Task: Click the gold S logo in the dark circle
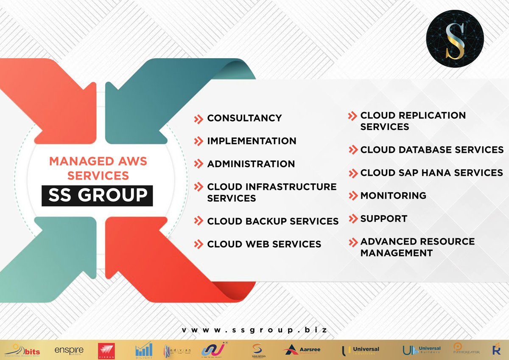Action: point(455,39)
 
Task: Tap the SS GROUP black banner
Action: point(97,195)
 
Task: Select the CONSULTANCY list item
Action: point(244,118)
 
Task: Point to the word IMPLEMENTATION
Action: point(252,141)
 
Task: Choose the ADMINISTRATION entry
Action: point(251,164)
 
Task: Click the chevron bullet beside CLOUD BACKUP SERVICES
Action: point(198,221)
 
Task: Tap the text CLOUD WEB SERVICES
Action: point(264,244)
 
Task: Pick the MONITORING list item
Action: point(393,196)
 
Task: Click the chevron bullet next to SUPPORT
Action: point(353,219)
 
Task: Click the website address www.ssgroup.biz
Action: point(255,330)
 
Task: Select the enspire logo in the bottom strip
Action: point(69,350)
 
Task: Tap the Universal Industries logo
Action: point(361,350)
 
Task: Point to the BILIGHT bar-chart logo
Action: point(143,350)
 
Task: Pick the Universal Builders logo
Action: point(422,350)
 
